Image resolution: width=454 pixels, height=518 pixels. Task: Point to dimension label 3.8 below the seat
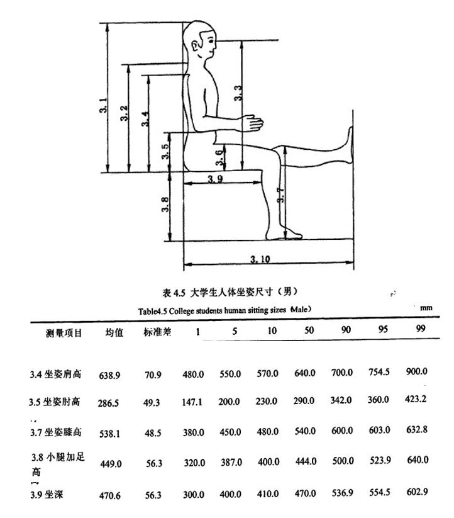tap(164, 205)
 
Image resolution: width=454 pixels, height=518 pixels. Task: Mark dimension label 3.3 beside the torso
tap(238, 93)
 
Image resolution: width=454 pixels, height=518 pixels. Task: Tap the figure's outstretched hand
tap(253, 123)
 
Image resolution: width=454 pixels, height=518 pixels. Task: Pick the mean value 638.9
tap(110, 375)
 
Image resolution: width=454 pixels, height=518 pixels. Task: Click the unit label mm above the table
tap(426, 307)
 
